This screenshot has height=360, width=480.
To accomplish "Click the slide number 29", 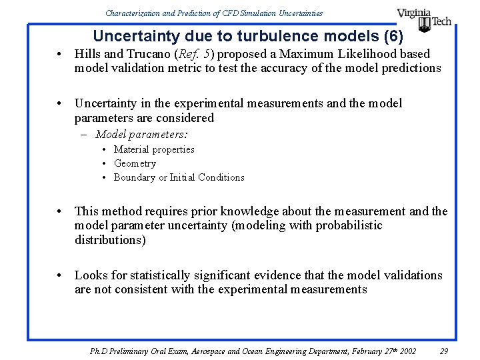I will [x=445, y=351].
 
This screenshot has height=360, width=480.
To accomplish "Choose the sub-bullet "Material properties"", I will [x=154, y=149].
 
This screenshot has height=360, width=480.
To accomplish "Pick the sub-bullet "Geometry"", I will [x=135, y=163].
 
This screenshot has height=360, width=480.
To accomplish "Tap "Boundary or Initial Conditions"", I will [x=179, y=177].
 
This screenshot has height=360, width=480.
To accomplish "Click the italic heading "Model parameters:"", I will [x=141, y=134].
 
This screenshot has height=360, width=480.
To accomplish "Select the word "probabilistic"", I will [x=347, y=225].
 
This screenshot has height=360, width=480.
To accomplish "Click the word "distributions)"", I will [x=110, y=240].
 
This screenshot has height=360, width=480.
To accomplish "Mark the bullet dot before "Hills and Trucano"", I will [x=60, y=54].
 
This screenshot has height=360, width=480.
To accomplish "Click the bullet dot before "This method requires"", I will [x=60, y=211].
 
